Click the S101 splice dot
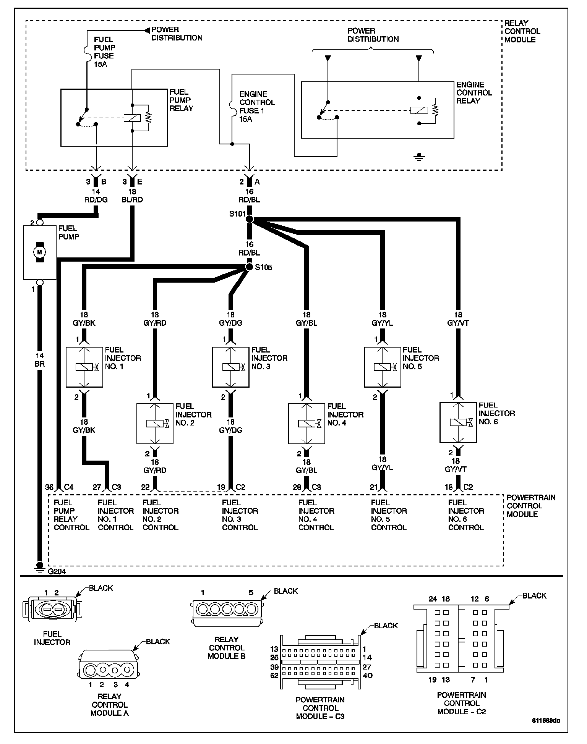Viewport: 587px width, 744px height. (x=250, y=219)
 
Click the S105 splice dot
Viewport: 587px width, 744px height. (x=249, y=267)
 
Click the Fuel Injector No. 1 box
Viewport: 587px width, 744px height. (x=84, y=367)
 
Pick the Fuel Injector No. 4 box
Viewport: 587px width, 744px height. (x=306, y=423)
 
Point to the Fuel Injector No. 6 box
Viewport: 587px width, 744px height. (x=458, y=422)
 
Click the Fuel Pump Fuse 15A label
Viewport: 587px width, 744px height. (x=104, y=52)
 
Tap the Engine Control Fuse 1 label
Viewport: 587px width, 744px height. (x=257, y=107)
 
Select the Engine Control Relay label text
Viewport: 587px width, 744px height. (x=474, y=93)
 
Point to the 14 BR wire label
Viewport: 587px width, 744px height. (x=39, y=360)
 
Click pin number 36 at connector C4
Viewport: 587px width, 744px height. (x=49, y=487)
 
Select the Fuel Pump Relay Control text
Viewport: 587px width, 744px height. (x=71, y=515)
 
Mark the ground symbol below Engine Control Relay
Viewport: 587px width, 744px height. (x=419, y=157)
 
